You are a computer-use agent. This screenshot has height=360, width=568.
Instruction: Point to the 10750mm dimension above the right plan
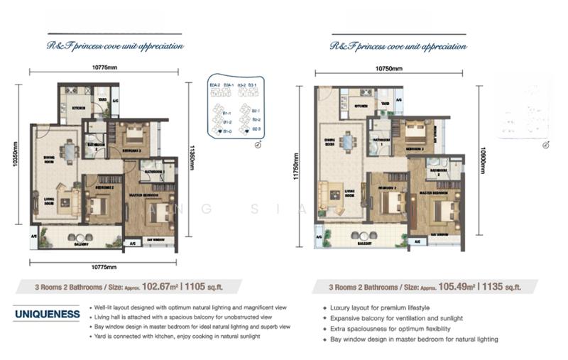(388, 69)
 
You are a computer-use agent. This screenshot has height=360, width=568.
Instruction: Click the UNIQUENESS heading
(46, 313)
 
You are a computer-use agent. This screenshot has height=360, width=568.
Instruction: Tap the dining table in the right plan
(346, 143)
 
